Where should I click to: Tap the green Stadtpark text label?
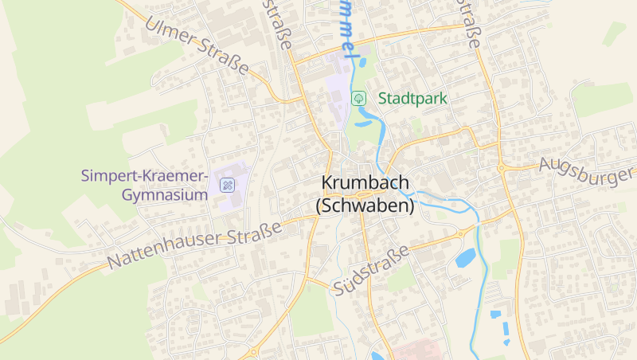[412, 99]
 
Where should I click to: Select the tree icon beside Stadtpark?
[359, 98]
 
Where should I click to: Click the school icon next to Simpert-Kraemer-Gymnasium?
[227, 185]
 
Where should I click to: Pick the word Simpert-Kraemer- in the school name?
[145, 175]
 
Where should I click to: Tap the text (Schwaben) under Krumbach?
[365, 205]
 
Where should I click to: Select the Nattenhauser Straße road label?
[195, 245]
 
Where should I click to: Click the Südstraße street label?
[372, 268]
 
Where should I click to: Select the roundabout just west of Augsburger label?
[501, 168]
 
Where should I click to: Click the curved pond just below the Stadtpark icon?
[365, 120]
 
